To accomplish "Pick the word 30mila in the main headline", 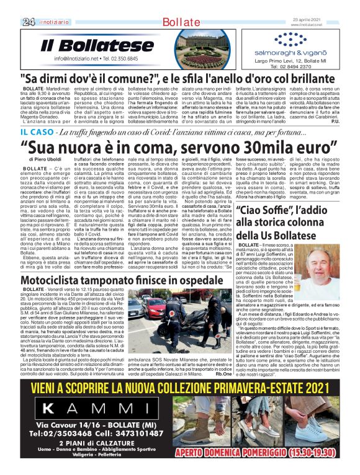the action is [x=254, y=148].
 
